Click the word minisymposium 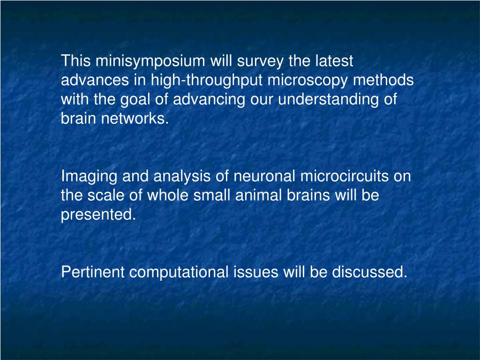(150, 61)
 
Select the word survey (259, 61)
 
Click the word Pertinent (93, 272)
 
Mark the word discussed (370, 272)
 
